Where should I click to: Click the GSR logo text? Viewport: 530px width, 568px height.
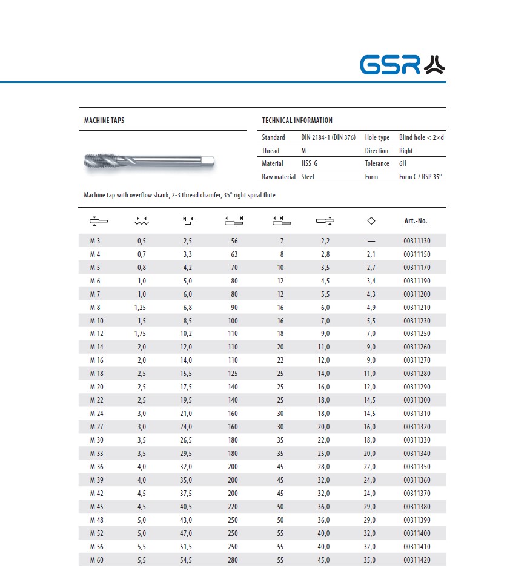point(389,65)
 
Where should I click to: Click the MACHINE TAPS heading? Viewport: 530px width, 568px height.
point(104,121)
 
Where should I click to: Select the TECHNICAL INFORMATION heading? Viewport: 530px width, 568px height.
point(297,121)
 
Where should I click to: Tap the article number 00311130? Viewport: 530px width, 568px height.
point(417,241)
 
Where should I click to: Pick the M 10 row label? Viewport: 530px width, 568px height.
point(96,320)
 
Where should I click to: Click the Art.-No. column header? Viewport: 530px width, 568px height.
point(416,221)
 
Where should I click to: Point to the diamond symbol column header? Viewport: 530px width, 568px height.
point(371,221)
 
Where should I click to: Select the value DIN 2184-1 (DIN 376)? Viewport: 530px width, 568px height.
point(328,137)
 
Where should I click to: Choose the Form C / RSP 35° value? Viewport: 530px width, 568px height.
point(420,177)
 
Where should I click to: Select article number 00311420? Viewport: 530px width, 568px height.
point(417,560)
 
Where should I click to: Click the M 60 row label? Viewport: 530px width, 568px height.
point(96,560)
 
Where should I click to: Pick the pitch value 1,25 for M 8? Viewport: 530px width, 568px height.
point(140,307)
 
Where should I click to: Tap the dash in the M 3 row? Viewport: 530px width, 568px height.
point(371,241)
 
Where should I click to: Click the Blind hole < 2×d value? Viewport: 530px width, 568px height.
point(421,137)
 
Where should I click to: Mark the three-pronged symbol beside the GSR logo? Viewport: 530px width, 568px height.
point(434,65)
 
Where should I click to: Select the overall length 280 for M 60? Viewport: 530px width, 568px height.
point(234,560)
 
